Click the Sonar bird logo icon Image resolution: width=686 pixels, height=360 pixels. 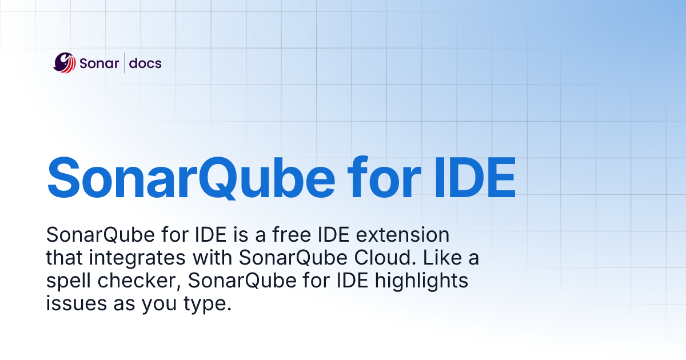65,63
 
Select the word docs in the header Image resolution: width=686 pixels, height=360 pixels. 145,63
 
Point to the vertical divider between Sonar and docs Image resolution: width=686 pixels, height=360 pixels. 124,63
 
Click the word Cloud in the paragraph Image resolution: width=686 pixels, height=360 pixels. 380,258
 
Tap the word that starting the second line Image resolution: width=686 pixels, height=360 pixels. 65,258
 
